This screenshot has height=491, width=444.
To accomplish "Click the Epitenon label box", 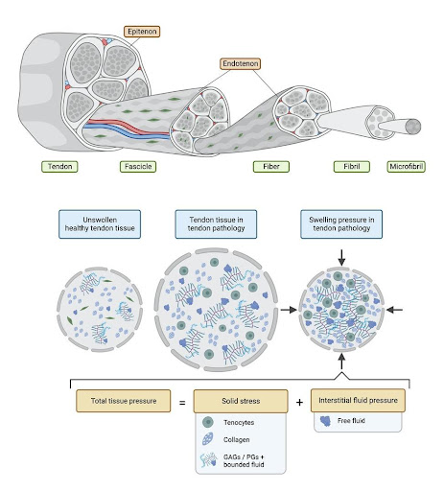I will [139, 32].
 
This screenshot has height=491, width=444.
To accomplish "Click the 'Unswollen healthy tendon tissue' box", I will [101, 223].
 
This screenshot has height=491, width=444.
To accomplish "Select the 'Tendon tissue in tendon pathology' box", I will [212, 223].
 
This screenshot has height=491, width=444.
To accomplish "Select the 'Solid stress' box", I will [240, 398].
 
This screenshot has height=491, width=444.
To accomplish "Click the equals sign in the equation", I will [181, 398].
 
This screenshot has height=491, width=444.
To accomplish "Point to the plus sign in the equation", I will [299, 398].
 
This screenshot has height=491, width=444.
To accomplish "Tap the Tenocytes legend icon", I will [210, 421].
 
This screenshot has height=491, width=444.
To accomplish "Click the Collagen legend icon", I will [210, 442].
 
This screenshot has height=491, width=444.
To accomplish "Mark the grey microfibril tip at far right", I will [414, 126].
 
